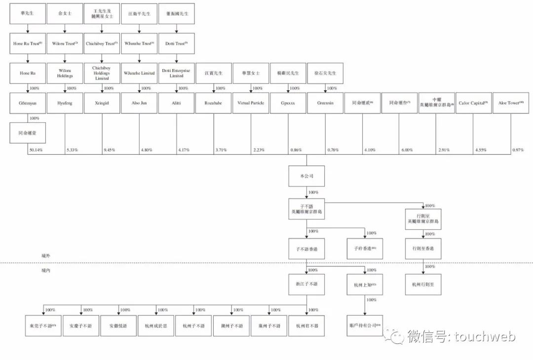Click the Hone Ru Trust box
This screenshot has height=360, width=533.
(28, 44)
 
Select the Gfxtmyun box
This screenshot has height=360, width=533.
(28, 103)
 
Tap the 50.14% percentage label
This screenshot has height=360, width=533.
(36, 149)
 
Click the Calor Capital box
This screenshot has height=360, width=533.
(473, 103)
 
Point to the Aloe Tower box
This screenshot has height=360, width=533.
(510, 103)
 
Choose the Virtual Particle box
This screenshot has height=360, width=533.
(251, 103)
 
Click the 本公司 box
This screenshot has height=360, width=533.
(306, 176)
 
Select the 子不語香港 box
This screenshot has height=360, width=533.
(306, 249)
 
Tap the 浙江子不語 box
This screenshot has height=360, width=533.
(306, 285)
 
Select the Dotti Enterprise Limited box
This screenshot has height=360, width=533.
(176, 73)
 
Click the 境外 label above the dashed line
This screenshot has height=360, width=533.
(46, 256)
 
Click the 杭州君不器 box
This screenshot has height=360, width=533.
(306, 326)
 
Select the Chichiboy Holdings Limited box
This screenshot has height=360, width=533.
(102, 73)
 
